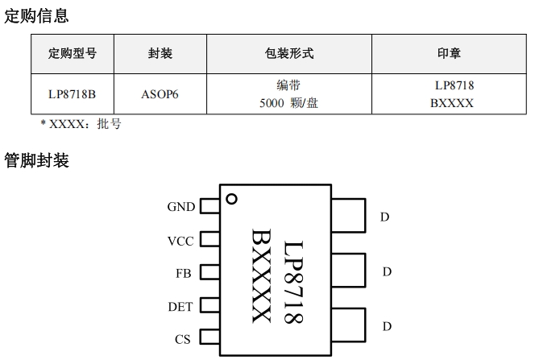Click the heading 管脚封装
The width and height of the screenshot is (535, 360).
tap(36, 160)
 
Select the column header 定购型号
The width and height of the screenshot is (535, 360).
tap(73, 54)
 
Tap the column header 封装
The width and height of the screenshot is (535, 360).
tap(160, 54)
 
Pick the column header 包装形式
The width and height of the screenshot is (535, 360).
tap(288, 54)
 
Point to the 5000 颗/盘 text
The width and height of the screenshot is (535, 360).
tap(288, 103)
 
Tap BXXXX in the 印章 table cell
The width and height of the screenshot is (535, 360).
tap(451, 103)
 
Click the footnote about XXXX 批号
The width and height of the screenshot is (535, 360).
tap(81, 124)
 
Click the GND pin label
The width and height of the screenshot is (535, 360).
tap(181, 207)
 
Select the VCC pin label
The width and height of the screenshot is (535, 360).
tap(181, 241)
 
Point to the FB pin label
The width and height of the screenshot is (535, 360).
tap(183, 273)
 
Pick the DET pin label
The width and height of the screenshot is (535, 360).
tap(181, 307)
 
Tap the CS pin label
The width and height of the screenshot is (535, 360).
tap(183, 339)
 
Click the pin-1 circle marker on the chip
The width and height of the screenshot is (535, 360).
tap(232, 199)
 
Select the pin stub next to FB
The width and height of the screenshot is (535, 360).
tap(210, 272)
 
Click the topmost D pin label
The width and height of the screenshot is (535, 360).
tap(385, 217)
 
